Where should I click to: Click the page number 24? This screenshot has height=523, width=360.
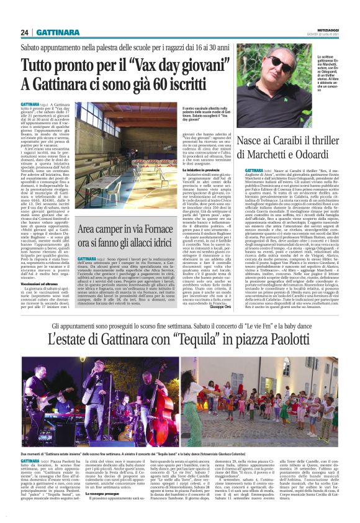click(24, 32)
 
